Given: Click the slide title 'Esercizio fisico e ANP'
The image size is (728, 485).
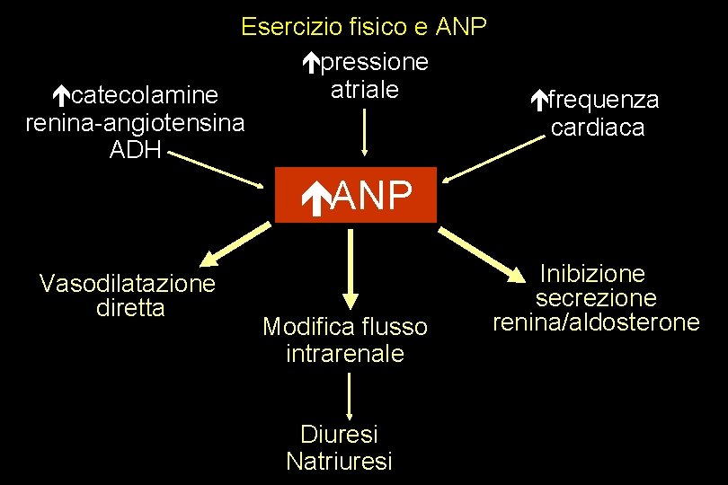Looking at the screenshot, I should pyautogui.click(x=364, y=27).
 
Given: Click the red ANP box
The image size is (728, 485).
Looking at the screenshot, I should pyautogui.click(x=355, y=195).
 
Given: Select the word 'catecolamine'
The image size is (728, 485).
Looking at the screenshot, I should pyautogui.click(x=144, y=95).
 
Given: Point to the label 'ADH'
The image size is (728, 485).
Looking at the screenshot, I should pyautogui.click(x=135, y=149).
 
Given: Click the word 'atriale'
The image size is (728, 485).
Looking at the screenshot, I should pyautogui.click(x=365, y=90).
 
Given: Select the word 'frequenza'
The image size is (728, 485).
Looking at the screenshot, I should pyautogui.click(x=603, y=100).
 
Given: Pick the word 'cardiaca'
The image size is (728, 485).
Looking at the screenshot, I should pyautogui.click(x=598, y=128).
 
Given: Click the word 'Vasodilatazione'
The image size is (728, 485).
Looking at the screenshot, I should pyautogui.click(x=128, y=284).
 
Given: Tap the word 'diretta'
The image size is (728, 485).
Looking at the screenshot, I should pyautogui.click(x=129, y=307).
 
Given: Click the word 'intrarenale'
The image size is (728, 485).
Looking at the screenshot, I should pyautogui.click(x=345, y=354).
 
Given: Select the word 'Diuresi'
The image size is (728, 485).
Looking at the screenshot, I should pyautogui.click(x=339, y=435).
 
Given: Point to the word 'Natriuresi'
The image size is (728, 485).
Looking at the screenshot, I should pyautogui.click(x=339, y=462).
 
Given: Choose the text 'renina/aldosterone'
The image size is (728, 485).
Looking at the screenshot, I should pyautogui.click(x=596, y=322).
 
